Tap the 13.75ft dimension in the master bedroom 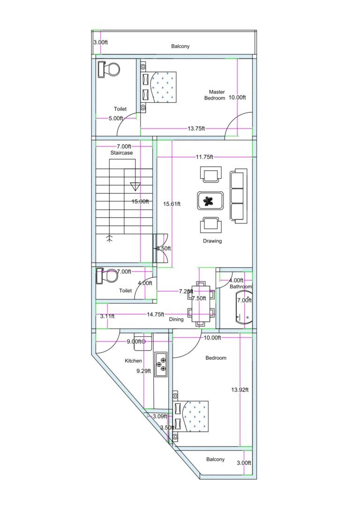[x=196, y=128]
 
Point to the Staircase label [x=121, y=153]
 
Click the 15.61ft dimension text [x=172, y=204]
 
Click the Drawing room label [x=212, y=241]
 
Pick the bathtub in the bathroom [x=243, y=307]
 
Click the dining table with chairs [x=202, y=303]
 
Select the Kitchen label [x=133, y=361]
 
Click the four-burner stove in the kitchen [x=161, y=364]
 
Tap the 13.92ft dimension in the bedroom [x=240, y=389]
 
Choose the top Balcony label [x=180, y=46]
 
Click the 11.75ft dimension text [x=204, y=157]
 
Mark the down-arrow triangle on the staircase [x=135, y=186]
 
